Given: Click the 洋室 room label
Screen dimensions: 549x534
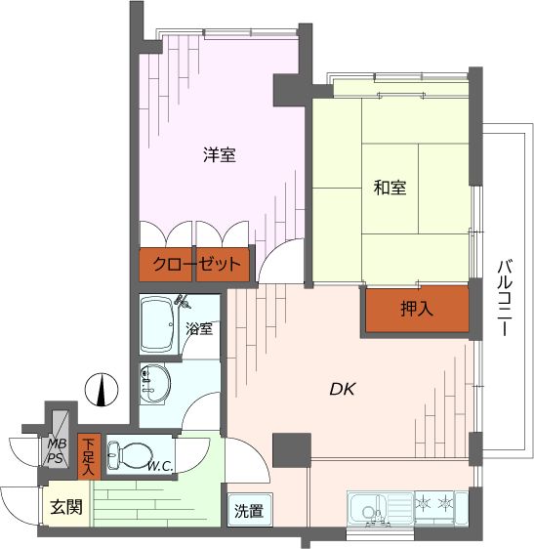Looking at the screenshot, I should pyautogui.click(x=219, y=154).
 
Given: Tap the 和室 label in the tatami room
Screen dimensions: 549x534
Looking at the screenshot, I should pyautogui.click(x=390, y=189).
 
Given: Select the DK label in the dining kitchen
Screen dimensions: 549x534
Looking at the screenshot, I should pyautogui.click(x=342, y=389).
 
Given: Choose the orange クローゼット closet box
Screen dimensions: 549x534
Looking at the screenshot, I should pyautogui.click(x=195, y=263).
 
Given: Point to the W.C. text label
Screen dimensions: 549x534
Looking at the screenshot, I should pyautogui.click(x=161, y=467).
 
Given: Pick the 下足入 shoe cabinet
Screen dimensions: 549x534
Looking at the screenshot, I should pyautogui.click(x=89, y=456).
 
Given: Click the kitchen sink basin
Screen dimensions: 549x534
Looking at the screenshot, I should pyautogui.click(x=368, y=508).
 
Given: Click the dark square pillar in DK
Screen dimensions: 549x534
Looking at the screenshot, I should pyautogui.click(x=291, y=449).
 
